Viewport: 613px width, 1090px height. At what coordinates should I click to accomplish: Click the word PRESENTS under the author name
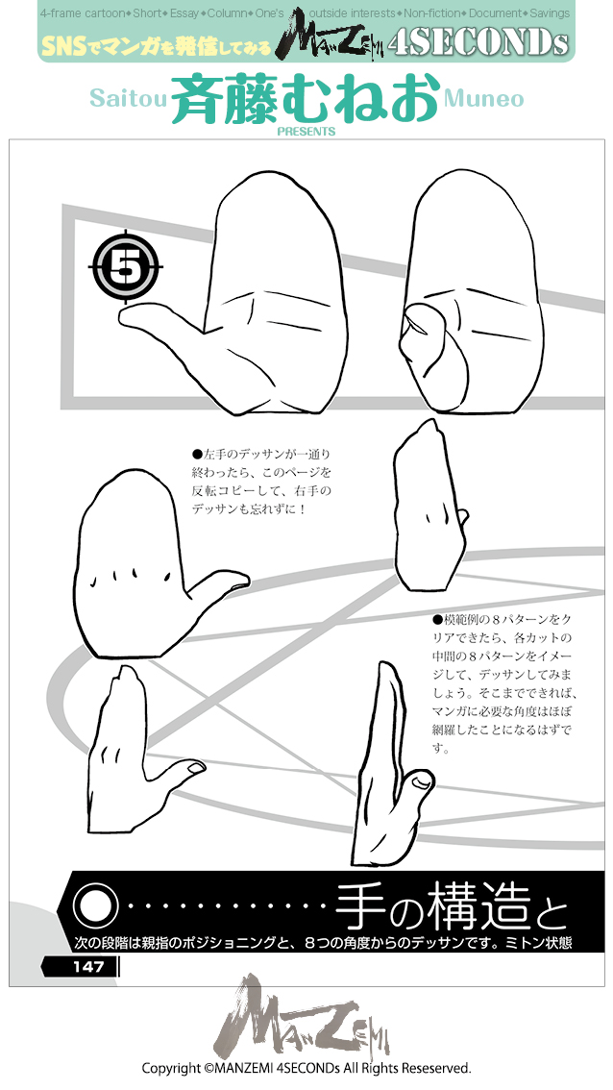306,132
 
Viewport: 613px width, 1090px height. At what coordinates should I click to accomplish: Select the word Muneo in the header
484,99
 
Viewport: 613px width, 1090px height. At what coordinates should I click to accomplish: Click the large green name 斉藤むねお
306,100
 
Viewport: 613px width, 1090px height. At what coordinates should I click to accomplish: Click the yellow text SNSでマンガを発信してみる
157,44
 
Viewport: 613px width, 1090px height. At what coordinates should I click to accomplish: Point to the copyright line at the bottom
306,1068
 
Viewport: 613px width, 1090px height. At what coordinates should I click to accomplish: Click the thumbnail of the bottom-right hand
420,785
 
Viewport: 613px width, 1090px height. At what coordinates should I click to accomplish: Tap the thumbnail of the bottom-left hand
195,768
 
